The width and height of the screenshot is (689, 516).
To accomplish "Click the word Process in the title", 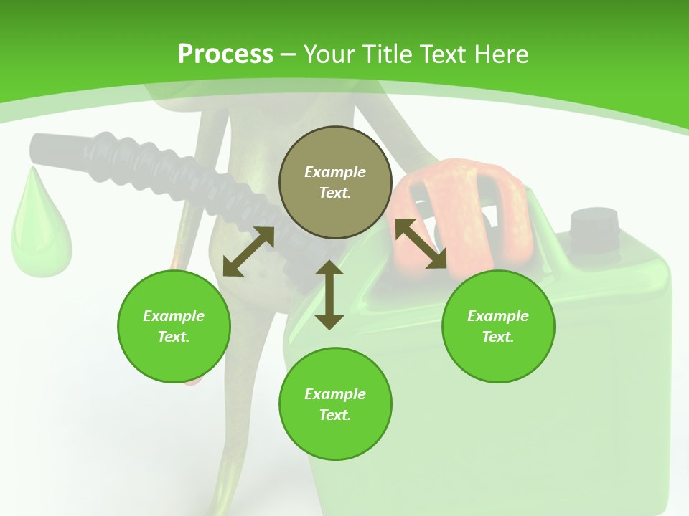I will click(x=225, y=54).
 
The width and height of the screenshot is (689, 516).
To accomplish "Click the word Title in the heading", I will click(x=387, y=54).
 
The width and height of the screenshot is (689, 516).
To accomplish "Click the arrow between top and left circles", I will click(x=248, y=252).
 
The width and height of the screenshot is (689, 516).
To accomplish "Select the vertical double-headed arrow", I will click(x=329, y=295).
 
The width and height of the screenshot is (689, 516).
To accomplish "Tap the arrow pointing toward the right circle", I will click(x=421, y=244).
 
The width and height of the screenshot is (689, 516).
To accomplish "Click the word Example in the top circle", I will click(x=335, y=172).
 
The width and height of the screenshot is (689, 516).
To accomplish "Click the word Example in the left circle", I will click(x=174, y=316).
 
